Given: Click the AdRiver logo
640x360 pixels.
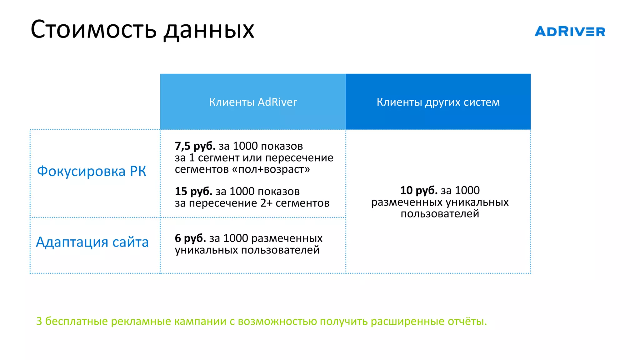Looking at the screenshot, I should pyautogui.click(x=570, y=32).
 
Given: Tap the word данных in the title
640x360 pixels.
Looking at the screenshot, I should pyautogui.click(x=209, y=31).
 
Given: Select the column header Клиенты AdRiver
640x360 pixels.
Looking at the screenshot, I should pyautogui.click(x=253, y=102).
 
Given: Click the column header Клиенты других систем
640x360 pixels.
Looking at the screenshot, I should pyautogui.click(x=438, y=102).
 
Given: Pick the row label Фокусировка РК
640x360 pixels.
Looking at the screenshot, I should pyautogui.click(x=92, y=171).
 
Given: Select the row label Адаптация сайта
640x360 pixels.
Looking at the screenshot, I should pyautogui.click(x=92, y=242).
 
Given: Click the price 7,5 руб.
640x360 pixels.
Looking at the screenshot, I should pyautogui.click(x=195, y=146).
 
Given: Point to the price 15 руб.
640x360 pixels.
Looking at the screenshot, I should pyautogui.click(x=193, y=191).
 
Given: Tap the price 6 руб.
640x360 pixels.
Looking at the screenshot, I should pyautogui.click(x=190, y=238).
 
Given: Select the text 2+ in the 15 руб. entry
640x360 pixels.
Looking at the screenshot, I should pyautogui.click(x=267, y=203).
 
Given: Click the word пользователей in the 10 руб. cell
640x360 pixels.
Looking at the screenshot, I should pyautogui.click(x=440, y=214).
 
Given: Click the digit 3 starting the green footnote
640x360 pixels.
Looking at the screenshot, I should pyautogui.click(x=39, y=321).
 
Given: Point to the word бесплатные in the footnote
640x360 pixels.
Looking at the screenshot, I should pyautogui.click(x=76, y=321).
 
